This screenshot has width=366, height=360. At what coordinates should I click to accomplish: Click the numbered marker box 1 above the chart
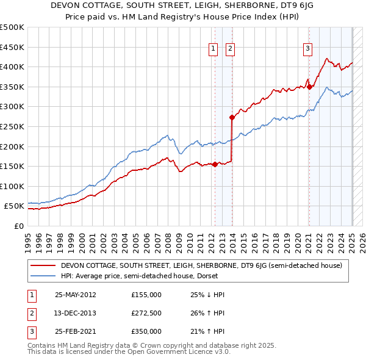click(214, 49)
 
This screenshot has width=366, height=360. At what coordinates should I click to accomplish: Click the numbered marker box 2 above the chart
click(231, 49)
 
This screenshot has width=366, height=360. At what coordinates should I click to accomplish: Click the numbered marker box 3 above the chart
click(308, 49)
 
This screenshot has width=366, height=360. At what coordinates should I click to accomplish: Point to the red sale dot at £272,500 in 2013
click(232, 117)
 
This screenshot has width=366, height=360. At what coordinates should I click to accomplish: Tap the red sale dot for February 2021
click(309, 87)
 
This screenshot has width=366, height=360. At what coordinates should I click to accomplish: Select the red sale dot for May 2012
click(215, 164)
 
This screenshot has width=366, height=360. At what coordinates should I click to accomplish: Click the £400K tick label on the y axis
click(12, 67)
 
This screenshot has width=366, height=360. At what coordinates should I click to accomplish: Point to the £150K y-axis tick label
click(12, 166)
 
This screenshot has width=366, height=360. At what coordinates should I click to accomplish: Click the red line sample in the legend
click(45, 265)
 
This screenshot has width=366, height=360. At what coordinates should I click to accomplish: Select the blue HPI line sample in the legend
click(45, 276)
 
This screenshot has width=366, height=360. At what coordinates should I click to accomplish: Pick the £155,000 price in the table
click(146, 295)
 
